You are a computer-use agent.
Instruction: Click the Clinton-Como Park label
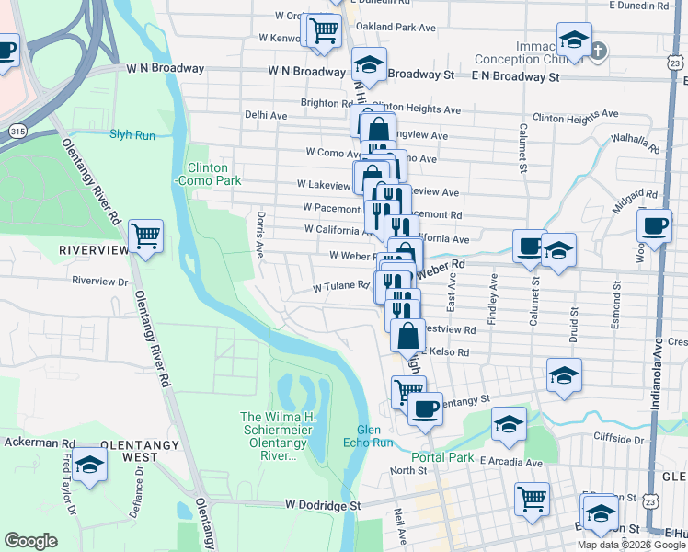tap(214, 175)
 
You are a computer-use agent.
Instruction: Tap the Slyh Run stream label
tap(133, 134)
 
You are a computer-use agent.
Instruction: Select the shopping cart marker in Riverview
tap(146, 236)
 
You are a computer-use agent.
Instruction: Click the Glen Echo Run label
tap(375, 436)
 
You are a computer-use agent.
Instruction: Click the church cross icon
tap(598, 50)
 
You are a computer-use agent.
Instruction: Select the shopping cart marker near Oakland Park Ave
tap(324, 30)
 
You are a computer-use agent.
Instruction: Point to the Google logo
tap(31, 541)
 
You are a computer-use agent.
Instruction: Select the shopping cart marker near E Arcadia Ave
tap(532, 500)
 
